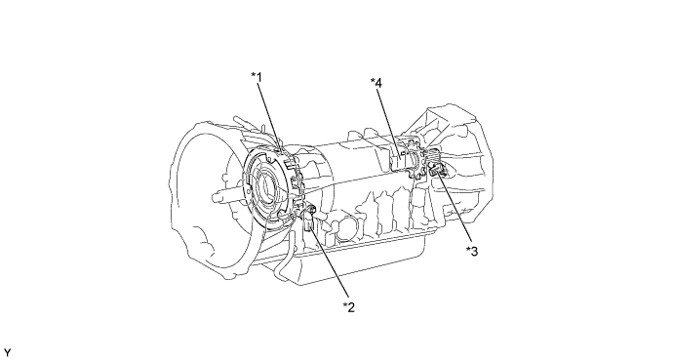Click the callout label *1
257,77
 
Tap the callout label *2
349,307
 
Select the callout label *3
472,251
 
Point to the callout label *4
376,82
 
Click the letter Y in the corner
7,353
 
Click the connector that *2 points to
308,218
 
